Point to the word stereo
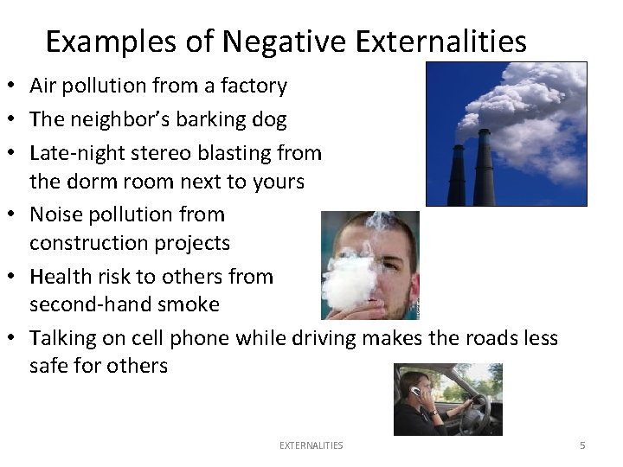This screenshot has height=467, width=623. click(x=149, y=154)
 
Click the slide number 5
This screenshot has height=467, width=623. click(x=582, y=445)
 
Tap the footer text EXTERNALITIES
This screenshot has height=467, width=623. click(x=311, y=445)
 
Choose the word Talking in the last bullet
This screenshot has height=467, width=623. click(x=63, y=338)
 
